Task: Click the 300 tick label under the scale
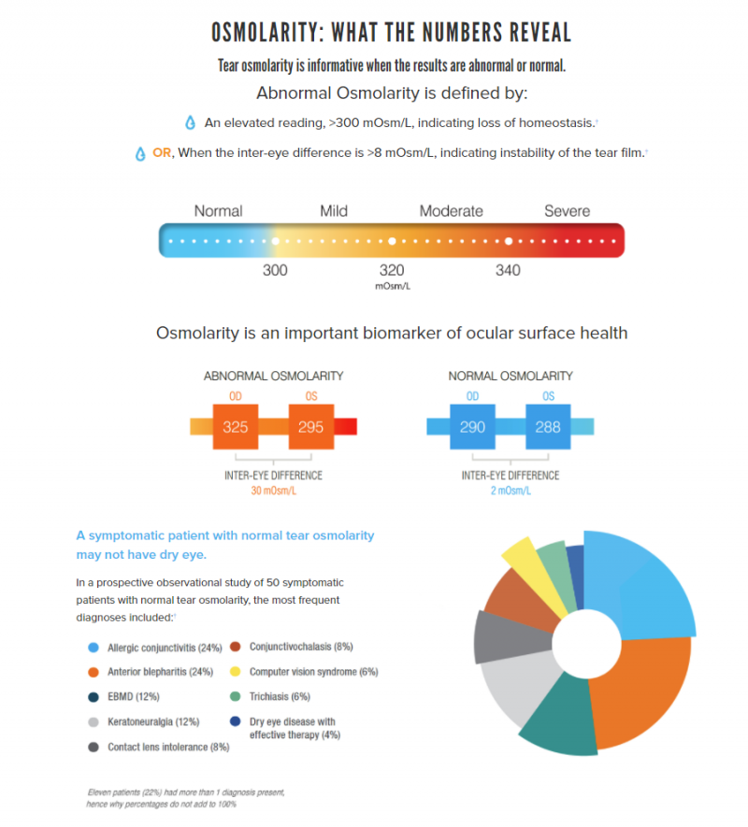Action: point(275,270)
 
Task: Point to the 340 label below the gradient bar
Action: point(508,270)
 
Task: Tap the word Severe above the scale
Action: point(567,211)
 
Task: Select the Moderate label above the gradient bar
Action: point(452,211)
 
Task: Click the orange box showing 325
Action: point(236,427)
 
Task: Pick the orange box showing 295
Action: point(311,427)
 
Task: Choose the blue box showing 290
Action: point(472,427)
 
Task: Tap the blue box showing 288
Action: point(548,427)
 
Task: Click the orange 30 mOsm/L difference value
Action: point(273,491)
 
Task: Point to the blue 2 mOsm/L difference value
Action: point(511,491)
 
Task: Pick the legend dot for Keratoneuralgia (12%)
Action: point(93,722)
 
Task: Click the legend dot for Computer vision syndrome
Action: point(236,671)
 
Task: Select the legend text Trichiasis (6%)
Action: point(280,697)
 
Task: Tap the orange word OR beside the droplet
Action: point(162,153)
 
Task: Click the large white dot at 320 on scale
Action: point(392,241)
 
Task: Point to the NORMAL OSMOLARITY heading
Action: point(511,376)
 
